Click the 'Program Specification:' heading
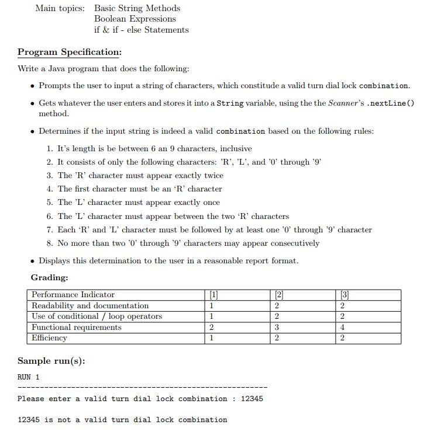[x=69, y=52]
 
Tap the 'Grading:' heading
[x=49, y=277]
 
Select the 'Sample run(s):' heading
[x=51, y=361]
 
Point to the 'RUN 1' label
[x=29, y=377]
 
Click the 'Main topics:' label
[x=60, y=8]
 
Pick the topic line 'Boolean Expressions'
[x=135, y=19]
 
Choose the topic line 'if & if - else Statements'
[x=141, y=30]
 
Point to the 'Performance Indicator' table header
[x=73, y=295]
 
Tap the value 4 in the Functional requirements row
[x=342, y=328]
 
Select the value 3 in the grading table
[x=275, y=328]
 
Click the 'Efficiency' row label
[x=49, y=338]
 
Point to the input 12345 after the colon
[x=251, y=399]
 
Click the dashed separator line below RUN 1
[x=142, y=388]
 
